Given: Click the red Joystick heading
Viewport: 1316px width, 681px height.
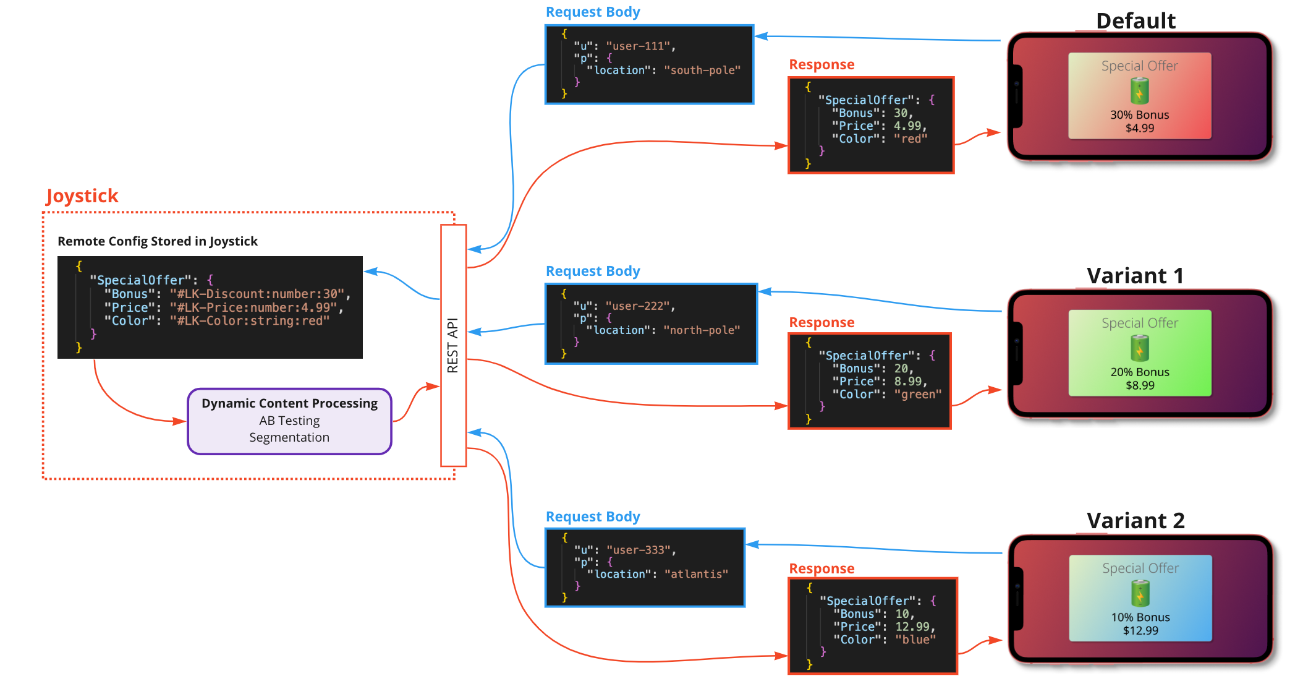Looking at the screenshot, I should (x=82, y=196).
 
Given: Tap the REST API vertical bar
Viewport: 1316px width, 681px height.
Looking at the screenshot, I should (x=453, y=345).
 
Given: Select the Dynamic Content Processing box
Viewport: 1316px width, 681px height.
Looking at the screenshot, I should (x=289, y=421).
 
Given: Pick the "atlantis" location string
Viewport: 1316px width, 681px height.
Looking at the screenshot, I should (x=696, y=574).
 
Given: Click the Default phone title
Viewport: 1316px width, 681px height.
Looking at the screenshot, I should (x=1136, y=21).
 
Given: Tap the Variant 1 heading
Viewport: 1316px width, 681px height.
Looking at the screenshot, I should (x=1135, y=276).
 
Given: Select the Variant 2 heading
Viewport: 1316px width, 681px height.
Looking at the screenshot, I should (x=1136, y=521).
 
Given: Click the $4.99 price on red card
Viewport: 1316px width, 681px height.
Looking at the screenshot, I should (x=1139, y=129).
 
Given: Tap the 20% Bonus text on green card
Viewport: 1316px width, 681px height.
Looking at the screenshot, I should (x=1140, y=372).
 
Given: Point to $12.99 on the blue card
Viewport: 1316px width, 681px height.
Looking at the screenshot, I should (x=1140, y=631).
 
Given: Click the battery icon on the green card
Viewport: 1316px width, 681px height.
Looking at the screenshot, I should (x=1139, y=348).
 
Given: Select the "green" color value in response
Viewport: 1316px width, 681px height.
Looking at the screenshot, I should (x=917, y=395).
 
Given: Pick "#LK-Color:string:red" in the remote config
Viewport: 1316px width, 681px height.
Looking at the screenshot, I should (x=249, y=321).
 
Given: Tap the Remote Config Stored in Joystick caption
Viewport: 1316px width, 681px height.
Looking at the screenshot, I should (x=158, y=241).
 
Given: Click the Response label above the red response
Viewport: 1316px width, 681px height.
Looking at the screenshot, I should (x=821, y=65).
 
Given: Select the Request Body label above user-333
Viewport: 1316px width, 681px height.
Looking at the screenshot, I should (x=592, y=517).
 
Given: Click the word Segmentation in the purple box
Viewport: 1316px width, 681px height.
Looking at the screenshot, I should (x=289, y=437).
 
